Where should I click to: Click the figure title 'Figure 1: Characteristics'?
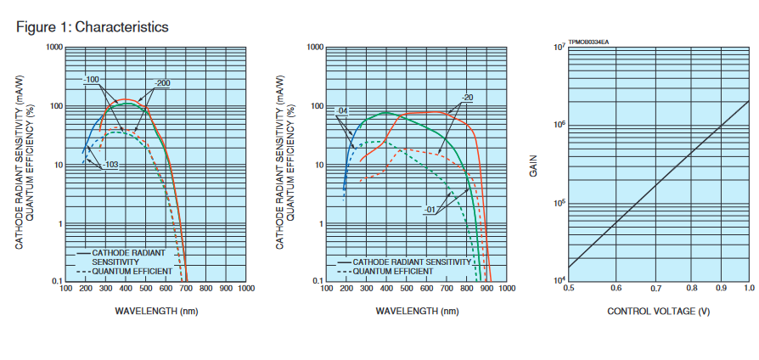(x=93, y=27)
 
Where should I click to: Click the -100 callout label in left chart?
(x=92, y=80)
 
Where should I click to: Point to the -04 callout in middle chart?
(x=343, y=111)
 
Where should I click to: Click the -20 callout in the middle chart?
(x=467, y=98)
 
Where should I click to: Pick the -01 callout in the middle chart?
(x=430, y=209)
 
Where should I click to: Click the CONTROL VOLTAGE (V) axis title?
(x=660, y=312)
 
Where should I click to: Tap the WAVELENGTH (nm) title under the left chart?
(x=156, y=312)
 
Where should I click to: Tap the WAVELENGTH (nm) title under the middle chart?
(x=417, y=312)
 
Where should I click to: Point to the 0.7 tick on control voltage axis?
(x=656, y=289)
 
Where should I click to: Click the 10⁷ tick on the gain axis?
(x=559, y=48)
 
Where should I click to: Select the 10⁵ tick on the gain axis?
(x=559, y=204)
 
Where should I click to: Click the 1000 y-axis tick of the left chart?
(x=55, y=48)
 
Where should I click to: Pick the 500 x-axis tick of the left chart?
(x=146, y=289)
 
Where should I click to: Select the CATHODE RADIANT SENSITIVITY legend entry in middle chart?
(x=411, y=262)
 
